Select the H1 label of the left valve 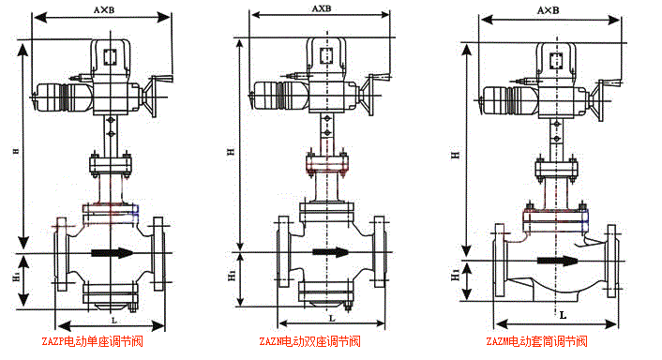tap(15, 279)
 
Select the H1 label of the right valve tap(455, 276)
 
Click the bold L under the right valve tap(562, 315)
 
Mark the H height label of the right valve tap(455, 153)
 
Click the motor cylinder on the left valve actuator tap(58, 98)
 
